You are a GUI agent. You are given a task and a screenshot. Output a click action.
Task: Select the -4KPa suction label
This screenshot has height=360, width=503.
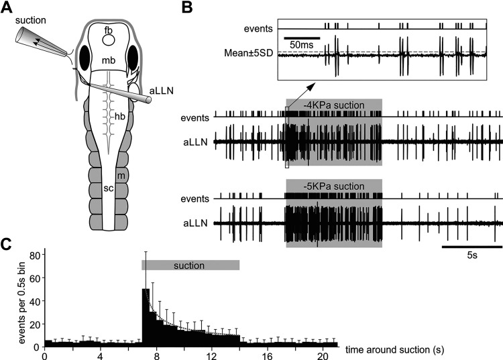[333, 105]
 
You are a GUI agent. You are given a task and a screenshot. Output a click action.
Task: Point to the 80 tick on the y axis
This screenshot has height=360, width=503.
[31, 255]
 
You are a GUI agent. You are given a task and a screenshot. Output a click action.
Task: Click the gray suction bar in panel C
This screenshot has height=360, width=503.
[190, 265]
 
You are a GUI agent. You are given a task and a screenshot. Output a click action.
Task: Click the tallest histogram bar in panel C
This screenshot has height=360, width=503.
[146, 315]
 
